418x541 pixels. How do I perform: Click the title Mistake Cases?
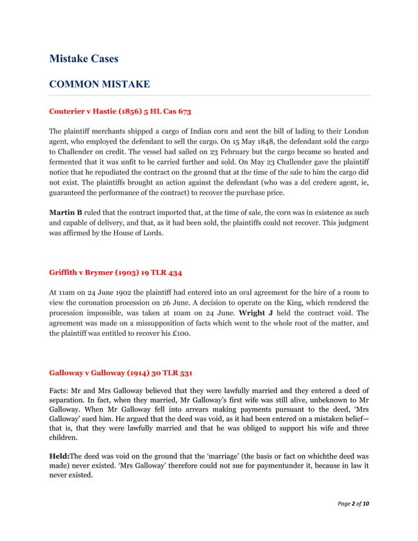(84, 59)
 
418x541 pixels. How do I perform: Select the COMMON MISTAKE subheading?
(100, 84)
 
